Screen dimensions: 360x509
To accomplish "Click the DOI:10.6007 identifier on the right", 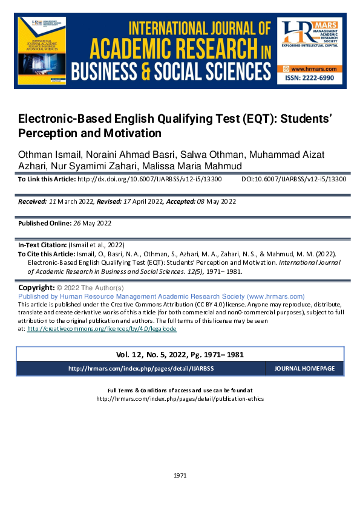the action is (x=293, y=180).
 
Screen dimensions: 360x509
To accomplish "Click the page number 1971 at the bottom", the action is (x=180, y=475).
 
